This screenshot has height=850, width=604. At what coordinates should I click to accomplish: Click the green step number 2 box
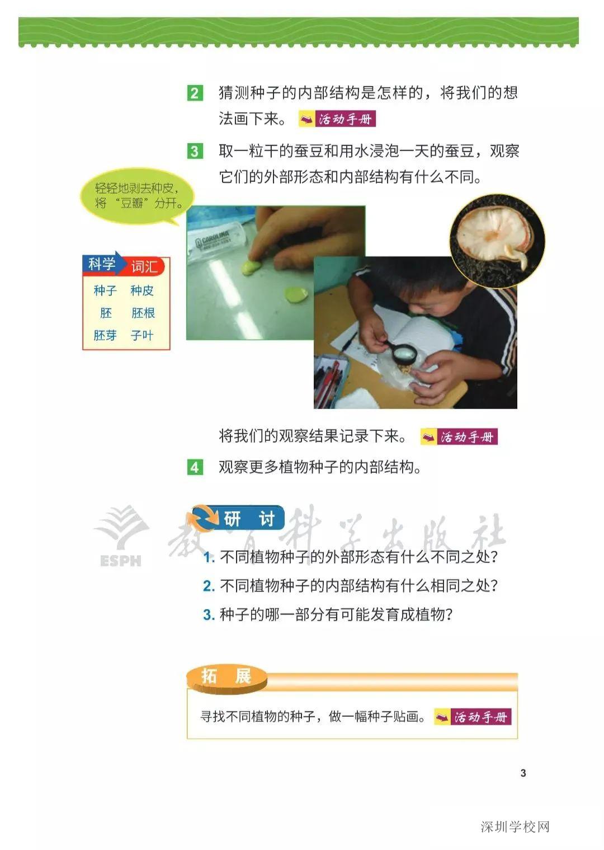pos(195,93)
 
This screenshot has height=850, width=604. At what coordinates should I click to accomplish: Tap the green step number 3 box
pos(195,151)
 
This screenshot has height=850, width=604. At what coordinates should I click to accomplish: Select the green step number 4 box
pos(195,467)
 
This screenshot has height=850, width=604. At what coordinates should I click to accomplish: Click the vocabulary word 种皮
pos(142,290)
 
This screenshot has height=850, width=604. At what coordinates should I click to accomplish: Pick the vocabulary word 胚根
pos(143,313)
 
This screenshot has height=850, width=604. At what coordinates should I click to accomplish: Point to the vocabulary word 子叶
pos(142,335)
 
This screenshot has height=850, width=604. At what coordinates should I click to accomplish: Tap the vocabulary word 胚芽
pos(105,335)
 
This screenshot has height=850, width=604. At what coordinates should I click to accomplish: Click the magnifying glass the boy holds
pos(404,354)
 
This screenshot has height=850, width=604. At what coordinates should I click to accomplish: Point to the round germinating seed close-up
pos(497,240)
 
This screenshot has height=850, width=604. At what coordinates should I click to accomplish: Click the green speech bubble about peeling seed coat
pos(137,196)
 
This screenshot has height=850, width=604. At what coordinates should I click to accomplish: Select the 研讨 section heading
pos(239,519)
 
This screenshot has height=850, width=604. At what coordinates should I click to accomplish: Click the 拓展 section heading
pos(226,677)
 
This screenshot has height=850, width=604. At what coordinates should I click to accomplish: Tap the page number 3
pos(523,773)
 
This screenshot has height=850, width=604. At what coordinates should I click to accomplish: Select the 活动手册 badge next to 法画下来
pos(337,119)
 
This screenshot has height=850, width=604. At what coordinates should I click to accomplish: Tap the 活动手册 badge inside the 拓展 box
pos(473,717)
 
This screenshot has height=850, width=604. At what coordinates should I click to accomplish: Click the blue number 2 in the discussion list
pos(209,586)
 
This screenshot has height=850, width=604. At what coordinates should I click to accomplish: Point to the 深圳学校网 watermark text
pos(515,826)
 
